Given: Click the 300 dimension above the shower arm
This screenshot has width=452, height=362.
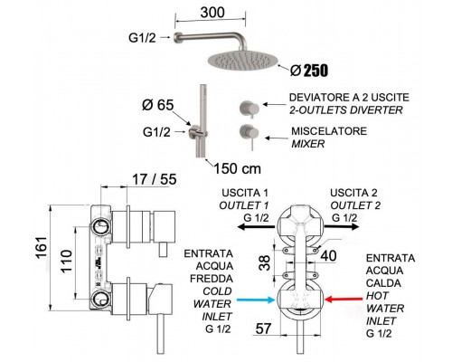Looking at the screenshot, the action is (212, 13).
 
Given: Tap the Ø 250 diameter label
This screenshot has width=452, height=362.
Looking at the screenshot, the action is (309, 71).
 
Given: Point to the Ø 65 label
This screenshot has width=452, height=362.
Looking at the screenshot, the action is (158, 105).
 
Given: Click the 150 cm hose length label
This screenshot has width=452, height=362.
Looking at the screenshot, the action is (237, 168).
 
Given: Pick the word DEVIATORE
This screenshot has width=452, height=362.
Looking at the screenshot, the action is (317, 98).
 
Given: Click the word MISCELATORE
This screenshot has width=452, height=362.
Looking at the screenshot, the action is (329, 131).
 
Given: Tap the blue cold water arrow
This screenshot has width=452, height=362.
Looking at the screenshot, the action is (256, 300).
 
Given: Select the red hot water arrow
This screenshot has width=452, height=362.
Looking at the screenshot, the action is (344, 300).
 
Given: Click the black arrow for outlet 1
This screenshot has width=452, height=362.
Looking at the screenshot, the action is (256, 227).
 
